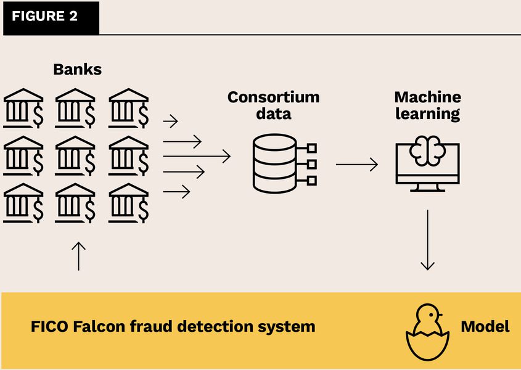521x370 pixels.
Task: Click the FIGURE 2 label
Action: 44,17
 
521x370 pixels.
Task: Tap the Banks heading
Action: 77,69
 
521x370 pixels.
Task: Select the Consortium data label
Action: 274,105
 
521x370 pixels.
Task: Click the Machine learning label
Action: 427,105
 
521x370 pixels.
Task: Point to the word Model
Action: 485,326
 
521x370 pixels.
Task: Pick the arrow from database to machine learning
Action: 356,165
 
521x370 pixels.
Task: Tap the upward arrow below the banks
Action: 79,255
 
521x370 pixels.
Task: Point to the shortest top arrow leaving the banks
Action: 170,119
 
